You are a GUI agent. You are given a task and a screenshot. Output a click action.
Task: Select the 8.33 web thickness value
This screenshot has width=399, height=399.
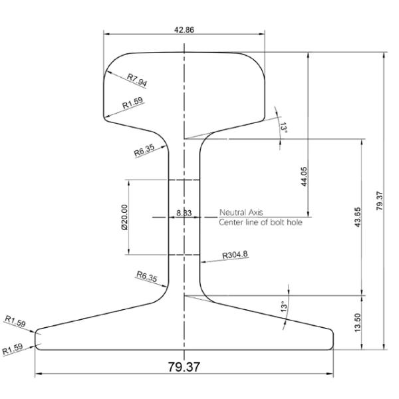pos(184,212)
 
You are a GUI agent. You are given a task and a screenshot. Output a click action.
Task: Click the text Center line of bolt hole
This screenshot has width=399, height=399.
pos(261,222)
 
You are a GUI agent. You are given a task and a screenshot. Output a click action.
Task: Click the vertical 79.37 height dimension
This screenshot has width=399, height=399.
pos(380,199)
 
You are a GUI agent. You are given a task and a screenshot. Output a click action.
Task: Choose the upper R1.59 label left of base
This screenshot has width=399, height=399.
pos(15,323)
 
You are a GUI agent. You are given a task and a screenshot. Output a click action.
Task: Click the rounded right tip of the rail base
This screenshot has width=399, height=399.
pos(331,338)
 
